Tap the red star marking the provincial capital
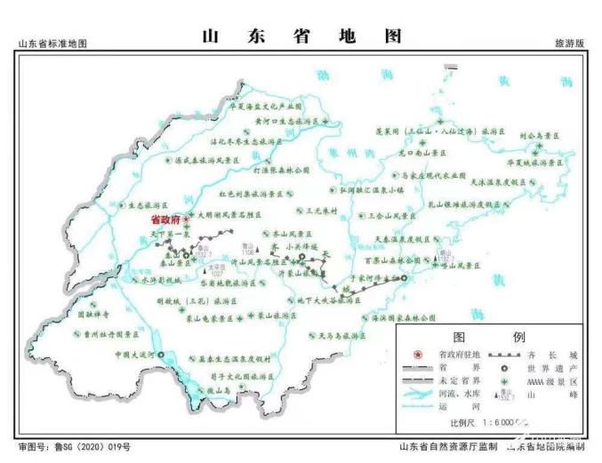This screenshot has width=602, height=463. point(186,218)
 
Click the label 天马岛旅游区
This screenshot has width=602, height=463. point(341,337)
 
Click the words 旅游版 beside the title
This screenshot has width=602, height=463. point(570,44)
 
